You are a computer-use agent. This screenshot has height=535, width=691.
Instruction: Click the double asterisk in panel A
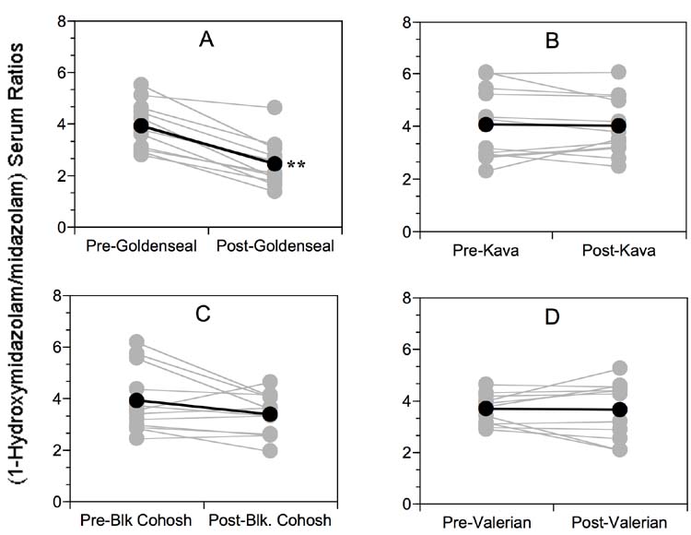(x=297, y=167)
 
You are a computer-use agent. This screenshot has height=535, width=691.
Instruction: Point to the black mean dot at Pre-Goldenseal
(x=140, y=125)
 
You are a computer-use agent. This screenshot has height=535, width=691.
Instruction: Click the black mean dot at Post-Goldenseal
(x=275, y=163)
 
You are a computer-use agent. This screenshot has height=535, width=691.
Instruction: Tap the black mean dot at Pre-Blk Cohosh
(x=137, y=400)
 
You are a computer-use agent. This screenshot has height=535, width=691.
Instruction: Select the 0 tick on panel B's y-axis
(x=407, y=232)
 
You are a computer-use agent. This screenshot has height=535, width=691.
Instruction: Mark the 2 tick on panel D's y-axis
(x=407, y=453)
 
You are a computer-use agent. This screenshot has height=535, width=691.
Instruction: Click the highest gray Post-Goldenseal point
(x=275, y=108)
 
